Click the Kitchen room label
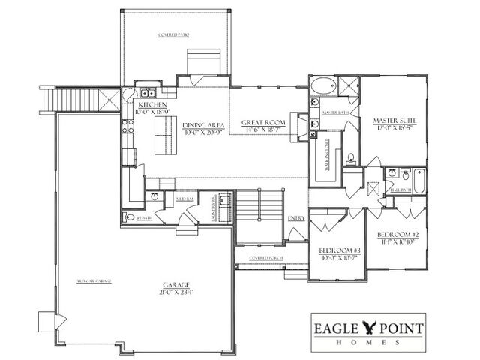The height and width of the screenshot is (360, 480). [x=152, y=103]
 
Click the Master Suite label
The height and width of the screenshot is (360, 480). [x=394, y=120]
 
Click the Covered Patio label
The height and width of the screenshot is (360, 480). [x=172, y=35]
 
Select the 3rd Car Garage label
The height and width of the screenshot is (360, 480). [x=94, y=280]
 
